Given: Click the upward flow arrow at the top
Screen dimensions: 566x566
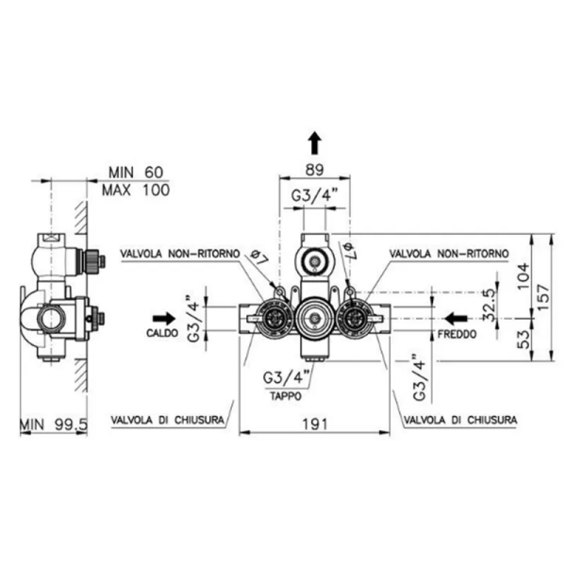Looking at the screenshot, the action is (315, 143).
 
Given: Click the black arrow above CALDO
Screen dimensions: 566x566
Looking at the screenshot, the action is (164, 319).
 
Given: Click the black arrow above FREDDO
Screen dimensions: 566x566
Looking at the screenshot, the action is (456, 319).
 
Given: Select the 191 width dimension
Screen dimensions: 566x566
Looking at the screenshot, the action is (315, 424).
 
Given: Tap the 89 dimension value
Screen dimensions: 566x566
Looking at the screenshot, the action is (315, 170).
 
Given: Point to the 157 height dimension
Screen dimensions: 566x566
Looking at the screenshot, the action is (543, 297).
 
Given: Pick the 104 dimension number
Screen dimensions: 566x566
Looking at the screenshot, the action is (524, 275).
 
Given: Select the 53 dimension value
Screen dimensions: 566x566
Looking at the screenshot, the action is (524, 340).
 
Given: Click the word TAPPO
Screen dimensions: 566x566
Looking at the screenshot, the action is (286, 396).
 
